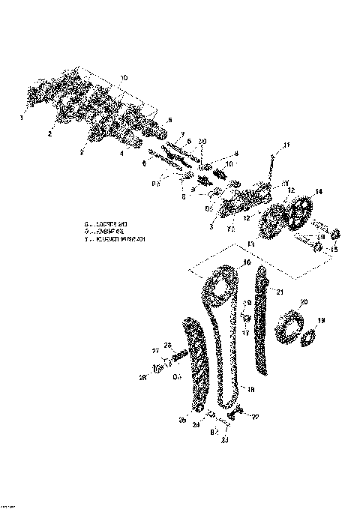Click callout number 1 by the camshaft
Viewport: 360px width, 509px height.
22,117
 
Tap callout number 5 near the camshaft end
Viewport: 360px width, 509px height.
170,120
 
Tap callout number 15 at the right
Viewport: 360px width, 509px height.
335,250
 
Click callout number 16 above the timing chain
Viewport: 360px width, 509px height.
246,263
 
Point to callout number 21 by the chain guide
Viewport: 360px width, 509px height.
279,291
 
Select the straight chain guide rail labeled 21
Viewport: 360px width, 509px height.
262,322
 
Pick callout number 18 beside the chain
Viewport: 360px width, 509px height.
250,389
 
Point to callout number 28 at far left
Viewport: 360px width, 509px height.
142,377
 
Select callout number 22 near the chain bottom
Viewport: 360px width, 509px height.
255,417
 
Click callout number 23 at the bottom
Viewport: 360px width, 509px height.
224,441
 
